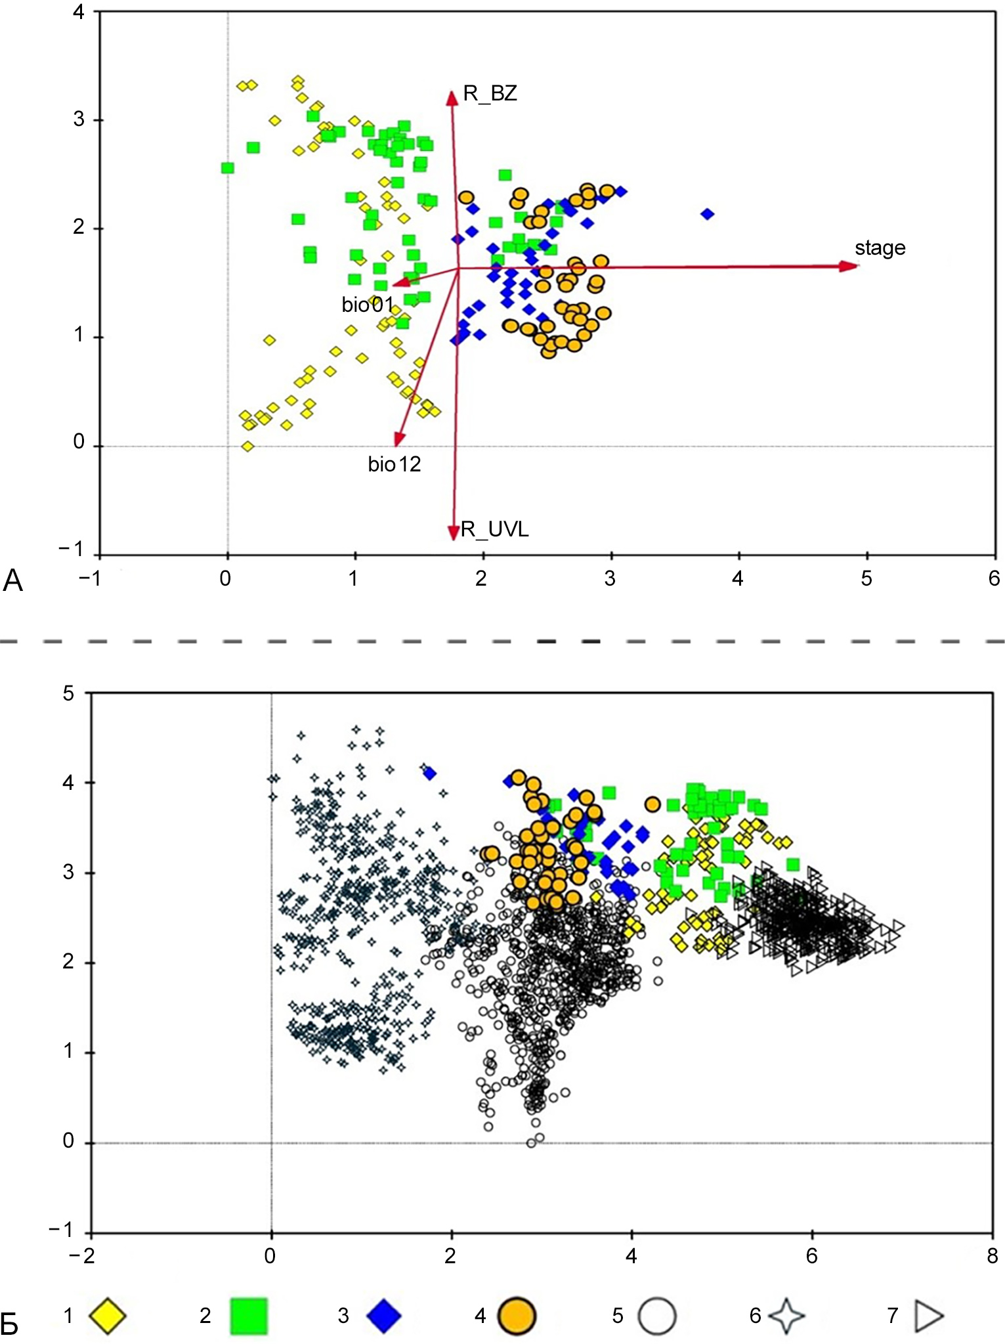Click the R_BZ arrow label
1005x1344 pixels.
tap(490, 94)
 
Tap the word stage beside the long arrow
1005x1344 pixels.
tap(880, 248)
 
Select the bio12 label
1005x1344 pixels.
tap(394, 464)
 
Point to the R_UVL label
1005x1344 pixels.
tap(495, 529)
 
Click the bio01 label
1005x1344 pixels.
tap(367, 305)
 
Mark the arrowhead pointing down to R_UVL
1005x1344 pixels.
tap(453, 532)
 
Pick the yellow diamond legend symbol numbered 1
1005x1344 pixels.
tap(108, 1316)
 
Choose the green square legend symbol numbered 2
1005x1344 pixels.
tap(249, 1316)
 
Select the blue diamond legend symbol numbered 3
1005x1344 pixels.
tap(384, 1316)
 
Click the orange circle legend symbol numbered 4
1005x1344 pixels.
tap(517, 1316)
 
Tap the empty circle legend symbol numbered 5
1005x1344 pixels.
tap(656, 1316)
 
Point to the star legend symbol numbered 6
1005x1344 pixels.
tap(786, 1316)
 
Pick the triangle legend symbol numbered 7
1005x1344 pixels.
tap(929, 1316)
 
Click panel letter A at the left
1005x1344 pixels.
tap(12, 580)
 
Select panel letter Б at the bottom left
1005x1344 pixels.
tap(9, 1325)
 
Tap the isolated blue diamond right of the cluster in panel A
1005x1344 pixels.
tap(707, 214)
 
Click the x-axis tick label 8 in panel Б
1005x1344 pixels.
tap(992, 1256)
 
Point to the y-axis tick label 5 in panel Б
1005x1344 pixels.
tap(68, 693)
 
